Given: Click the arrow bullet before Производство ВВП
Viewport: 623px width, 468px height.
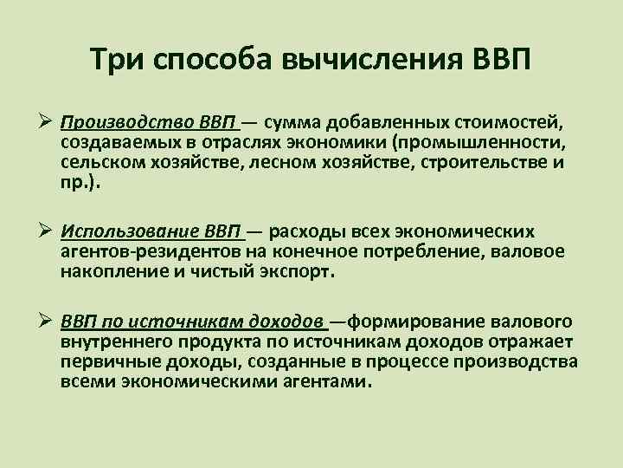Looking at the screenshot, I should pos(48,120).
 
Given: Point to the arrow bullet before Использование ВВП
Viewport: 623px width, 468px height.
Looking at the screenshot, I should pos(48,232).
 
